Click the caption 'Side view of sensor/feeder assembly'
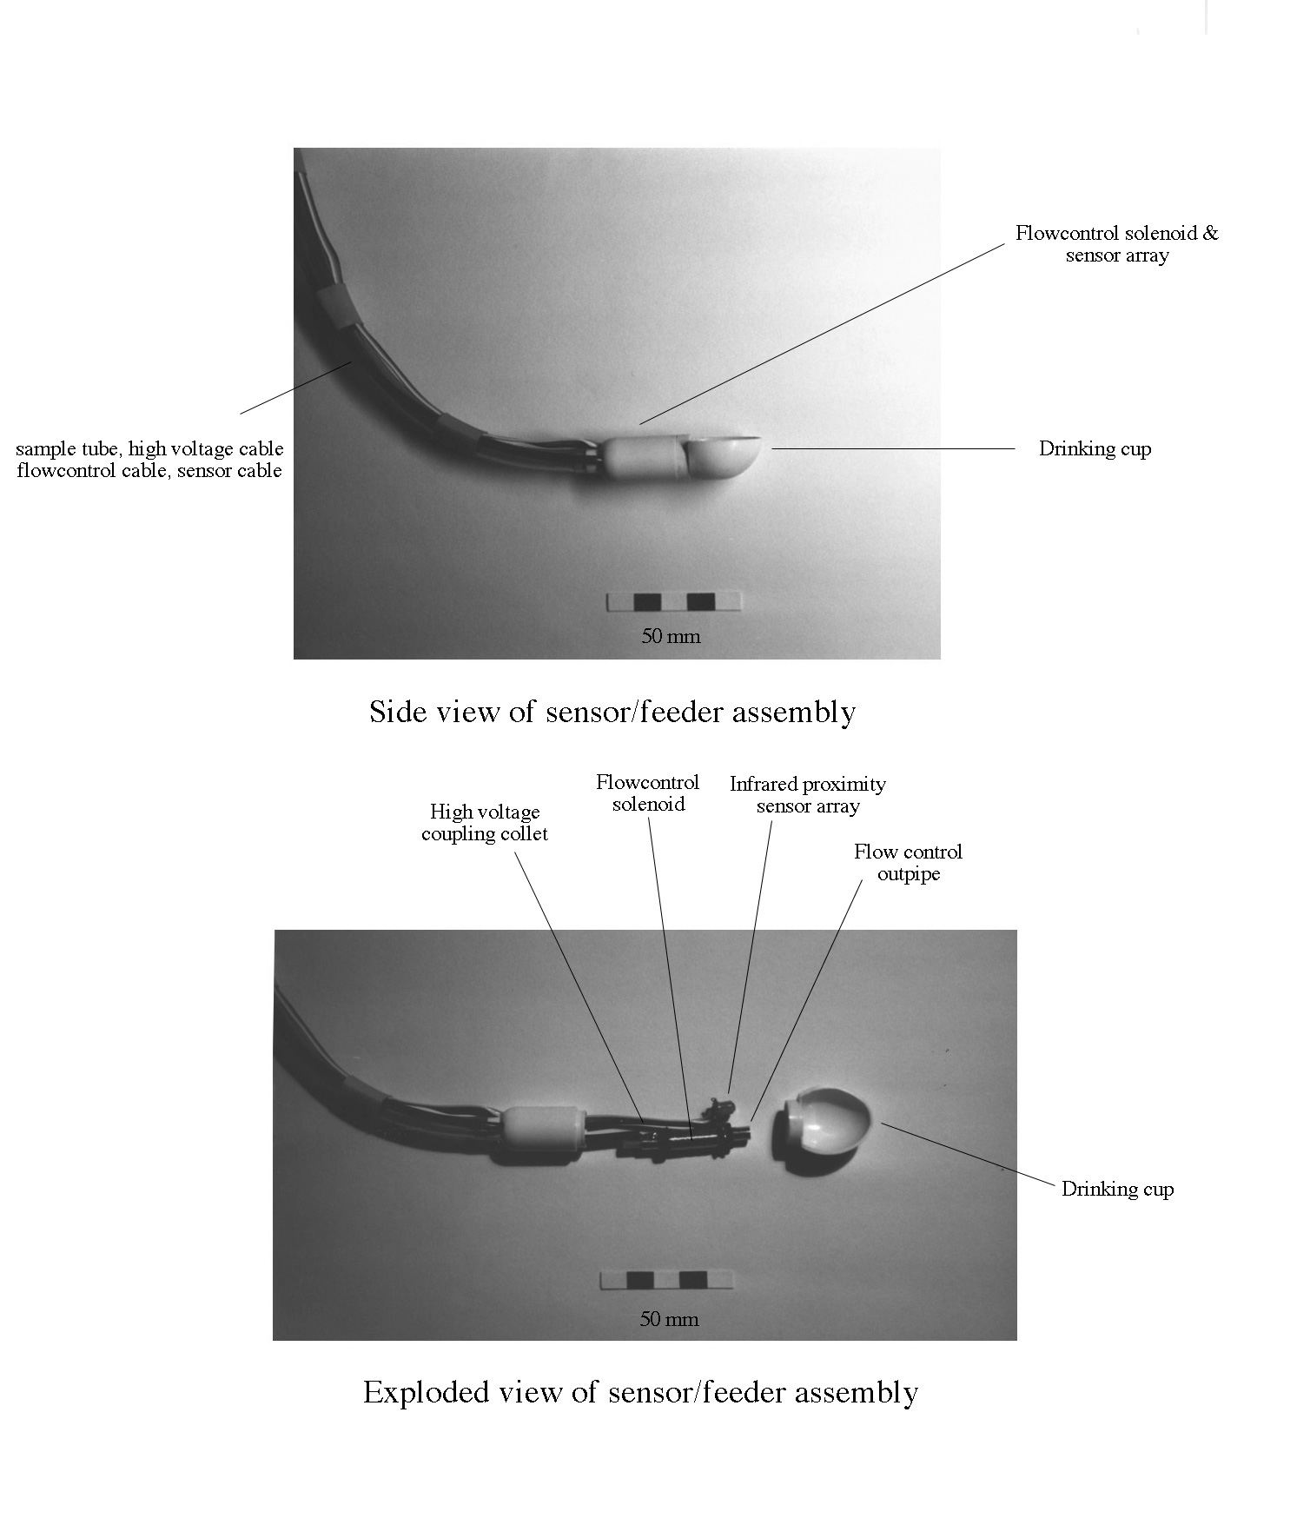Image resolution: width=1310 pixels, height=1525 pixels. (612, 712)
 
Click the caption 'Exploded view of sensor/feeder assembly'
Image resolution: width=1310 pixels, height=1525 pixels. (640, 1392)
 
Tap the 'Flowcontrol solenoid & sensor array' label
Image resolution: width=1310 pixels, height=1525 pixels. (1117, 244)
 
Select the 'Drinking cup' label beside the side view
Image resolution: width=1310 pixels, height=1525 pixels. (1095, 449)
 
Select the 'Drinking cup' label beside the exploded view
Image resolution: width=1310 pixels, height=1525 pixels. (1117, 1189)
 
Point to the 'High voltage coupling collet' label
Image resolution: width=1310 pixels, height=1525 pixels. (485, 823)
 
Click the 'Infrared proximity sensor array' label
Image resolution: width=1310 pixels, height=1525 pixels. (808, 795)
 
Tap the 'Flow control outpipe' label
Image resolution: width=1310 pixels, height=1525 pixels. (908, 863)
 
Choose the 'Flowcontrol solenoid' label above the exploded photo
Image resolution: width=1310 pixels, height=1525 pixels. (648, 793)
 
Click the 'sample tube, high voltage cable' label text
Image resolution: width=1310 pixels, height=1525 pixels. (149, 449)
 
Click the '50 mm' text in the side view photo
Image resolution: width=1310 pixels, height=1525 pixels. (671, 636)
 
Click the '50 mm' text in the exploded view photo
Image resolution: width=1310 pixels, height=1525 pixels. (669, 1319)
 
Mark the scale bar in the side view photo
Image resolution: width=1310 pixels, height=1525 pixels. (675, 602)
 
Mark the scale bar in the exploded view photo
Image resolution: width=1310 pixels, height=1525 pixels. (667, 1280)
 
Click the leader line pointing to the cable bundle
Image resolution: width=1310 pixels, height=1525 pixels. (295, 388)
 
